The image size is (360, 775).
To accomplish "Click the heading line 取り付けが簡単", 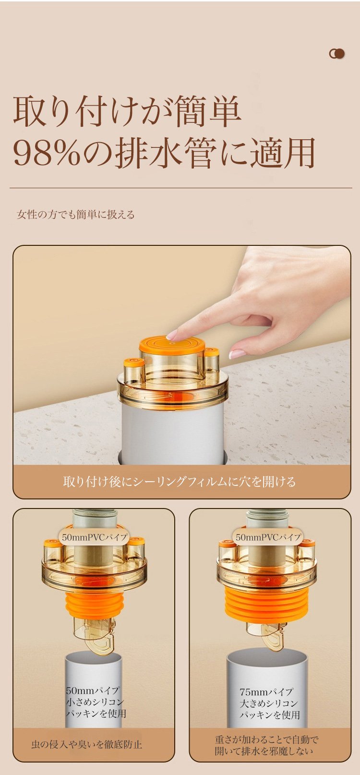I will [127, 112].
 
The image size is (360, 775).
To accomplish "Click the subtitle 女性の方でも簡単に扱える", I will [75, 215].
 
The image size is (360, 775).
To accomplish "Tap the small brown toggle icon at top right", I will [337, 54].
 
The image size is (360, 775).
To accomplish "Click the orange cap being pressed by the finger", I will [172, 345].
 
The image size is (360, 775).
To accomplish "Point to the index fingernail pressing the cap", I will [172, 334].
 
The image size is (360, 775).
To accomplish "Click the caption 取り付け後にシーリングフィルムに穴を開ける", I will [180, 481].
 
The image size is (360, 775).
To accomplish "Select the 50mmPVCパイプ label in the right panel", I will [268, 537].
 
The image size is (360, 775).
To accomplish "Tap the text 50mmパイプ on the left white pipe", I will [93, 690].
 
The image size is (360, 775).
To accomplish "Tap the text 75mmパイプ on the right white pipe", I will [266, 692].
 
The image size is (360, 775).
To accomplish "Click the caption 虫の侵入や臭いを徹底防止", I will [87, 744].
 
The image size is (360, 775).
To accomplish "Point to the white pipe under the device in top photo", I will [173, 432].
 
